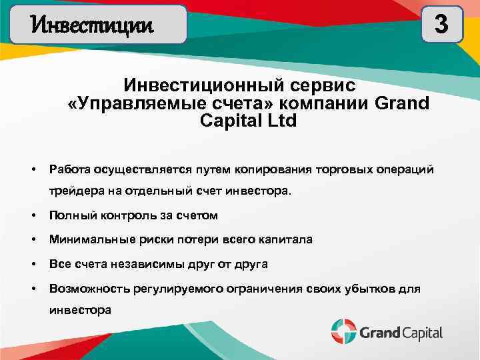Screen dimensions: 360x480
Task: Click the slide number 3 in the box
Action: [441, 24]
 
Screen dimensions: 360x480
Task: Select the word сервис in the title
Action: [325, 87]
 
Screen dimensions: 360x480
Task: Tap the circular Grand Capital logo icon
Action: [344, 331]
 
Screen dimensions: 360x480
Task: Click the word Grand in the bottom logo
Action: [379, 332]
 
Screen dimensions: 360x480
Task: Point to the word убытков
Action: [366, 288]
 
